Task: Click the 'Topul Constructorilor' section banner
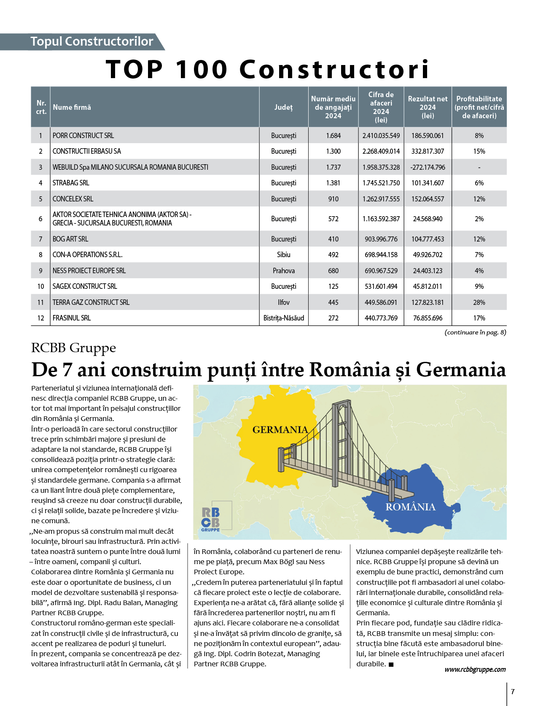pos(91,41)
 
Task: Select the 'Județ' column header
pos(283,107)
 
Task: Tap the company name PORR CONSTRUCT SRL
pos(83,136)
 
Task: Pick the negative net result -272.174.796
pos(428,167)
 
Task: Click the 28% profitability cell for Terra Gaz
pos(479,302)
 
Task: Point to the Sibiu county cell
pos(283,255)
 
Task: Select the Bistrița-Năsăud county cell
pos(283,318)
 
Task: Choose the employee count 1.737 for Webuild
pos(333,167)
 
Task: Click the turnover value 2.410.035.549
pos(381,136)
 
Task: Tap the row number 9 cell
pos(40,271)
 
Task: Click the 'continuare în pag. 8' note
pos(475,332)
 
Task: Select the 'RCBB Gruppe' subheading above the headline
pos(73,348)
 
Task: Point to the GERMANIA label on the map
pos(280,430)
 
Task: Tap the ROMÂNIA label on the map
pos(410,507)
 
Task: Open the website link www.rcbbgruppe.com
pos(475,669)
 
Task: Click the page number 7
pos(513,692)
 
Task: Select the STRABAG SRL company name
pos(71,183)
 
